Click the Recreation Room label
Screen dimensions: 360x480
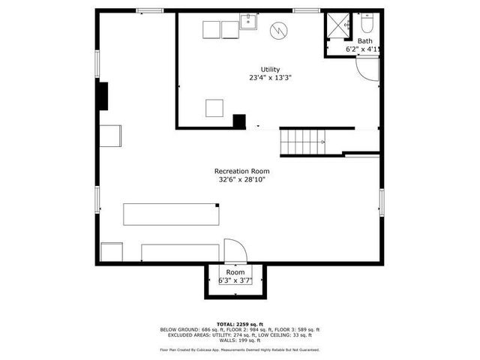241,171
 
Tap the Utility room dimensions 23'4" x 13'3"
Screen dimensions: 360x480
270,77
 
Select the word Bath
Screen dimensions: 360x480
364,41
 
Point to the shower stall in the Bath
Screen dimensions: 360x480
337,26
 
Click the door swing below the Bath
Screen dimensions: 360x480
367,69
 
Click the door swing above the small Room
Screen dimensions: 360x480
233,250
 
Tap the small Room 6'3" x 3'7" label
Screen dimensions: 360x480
235,276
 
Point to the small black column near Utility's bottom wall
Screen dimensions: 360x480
239,121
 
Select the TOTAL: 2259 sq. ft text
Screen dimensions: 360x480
239,323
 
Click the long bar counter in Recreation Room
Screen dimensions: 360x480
172,214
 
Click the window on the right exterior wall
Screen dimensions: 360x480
381,201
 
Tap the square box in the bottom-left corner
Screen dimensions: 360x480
112,251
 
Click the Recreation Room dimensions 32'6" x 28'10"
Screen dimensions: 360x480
241,180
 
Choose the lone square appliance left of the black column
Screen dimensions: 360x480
216,108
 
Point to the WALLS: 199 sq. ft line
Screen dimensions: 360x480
239,340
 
